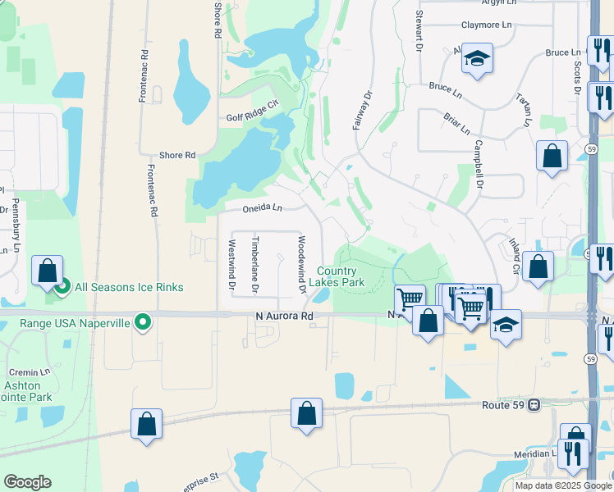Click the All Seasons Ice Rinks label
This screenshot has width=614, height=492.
point(129,287)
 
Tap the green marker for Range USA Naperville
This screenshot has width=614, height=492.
point(144,323)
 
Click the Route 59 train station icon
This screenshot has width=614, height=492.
point(534,404)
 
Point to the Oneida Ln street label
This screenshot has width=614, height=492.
point(262,208)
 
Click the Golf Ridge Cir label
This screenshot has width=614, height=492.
point(254,117)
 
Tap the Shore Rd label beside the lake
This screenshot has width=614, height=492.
point(177,155)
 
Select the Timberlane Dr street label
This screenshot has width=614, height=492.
point(255,265)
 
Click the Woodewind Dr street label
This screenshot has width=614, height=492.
point(302,265)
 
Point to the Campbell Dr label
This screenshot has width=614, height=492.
point(478,167)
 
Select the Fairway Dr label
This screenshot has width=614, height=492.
point(362,110)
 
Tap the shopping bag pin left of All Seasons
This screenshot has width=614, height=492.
point(48,270)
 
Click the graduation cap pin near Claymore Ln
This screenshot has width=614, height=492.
point(476,58)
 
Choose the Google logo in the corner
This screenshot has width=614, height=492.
point(27,482)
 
